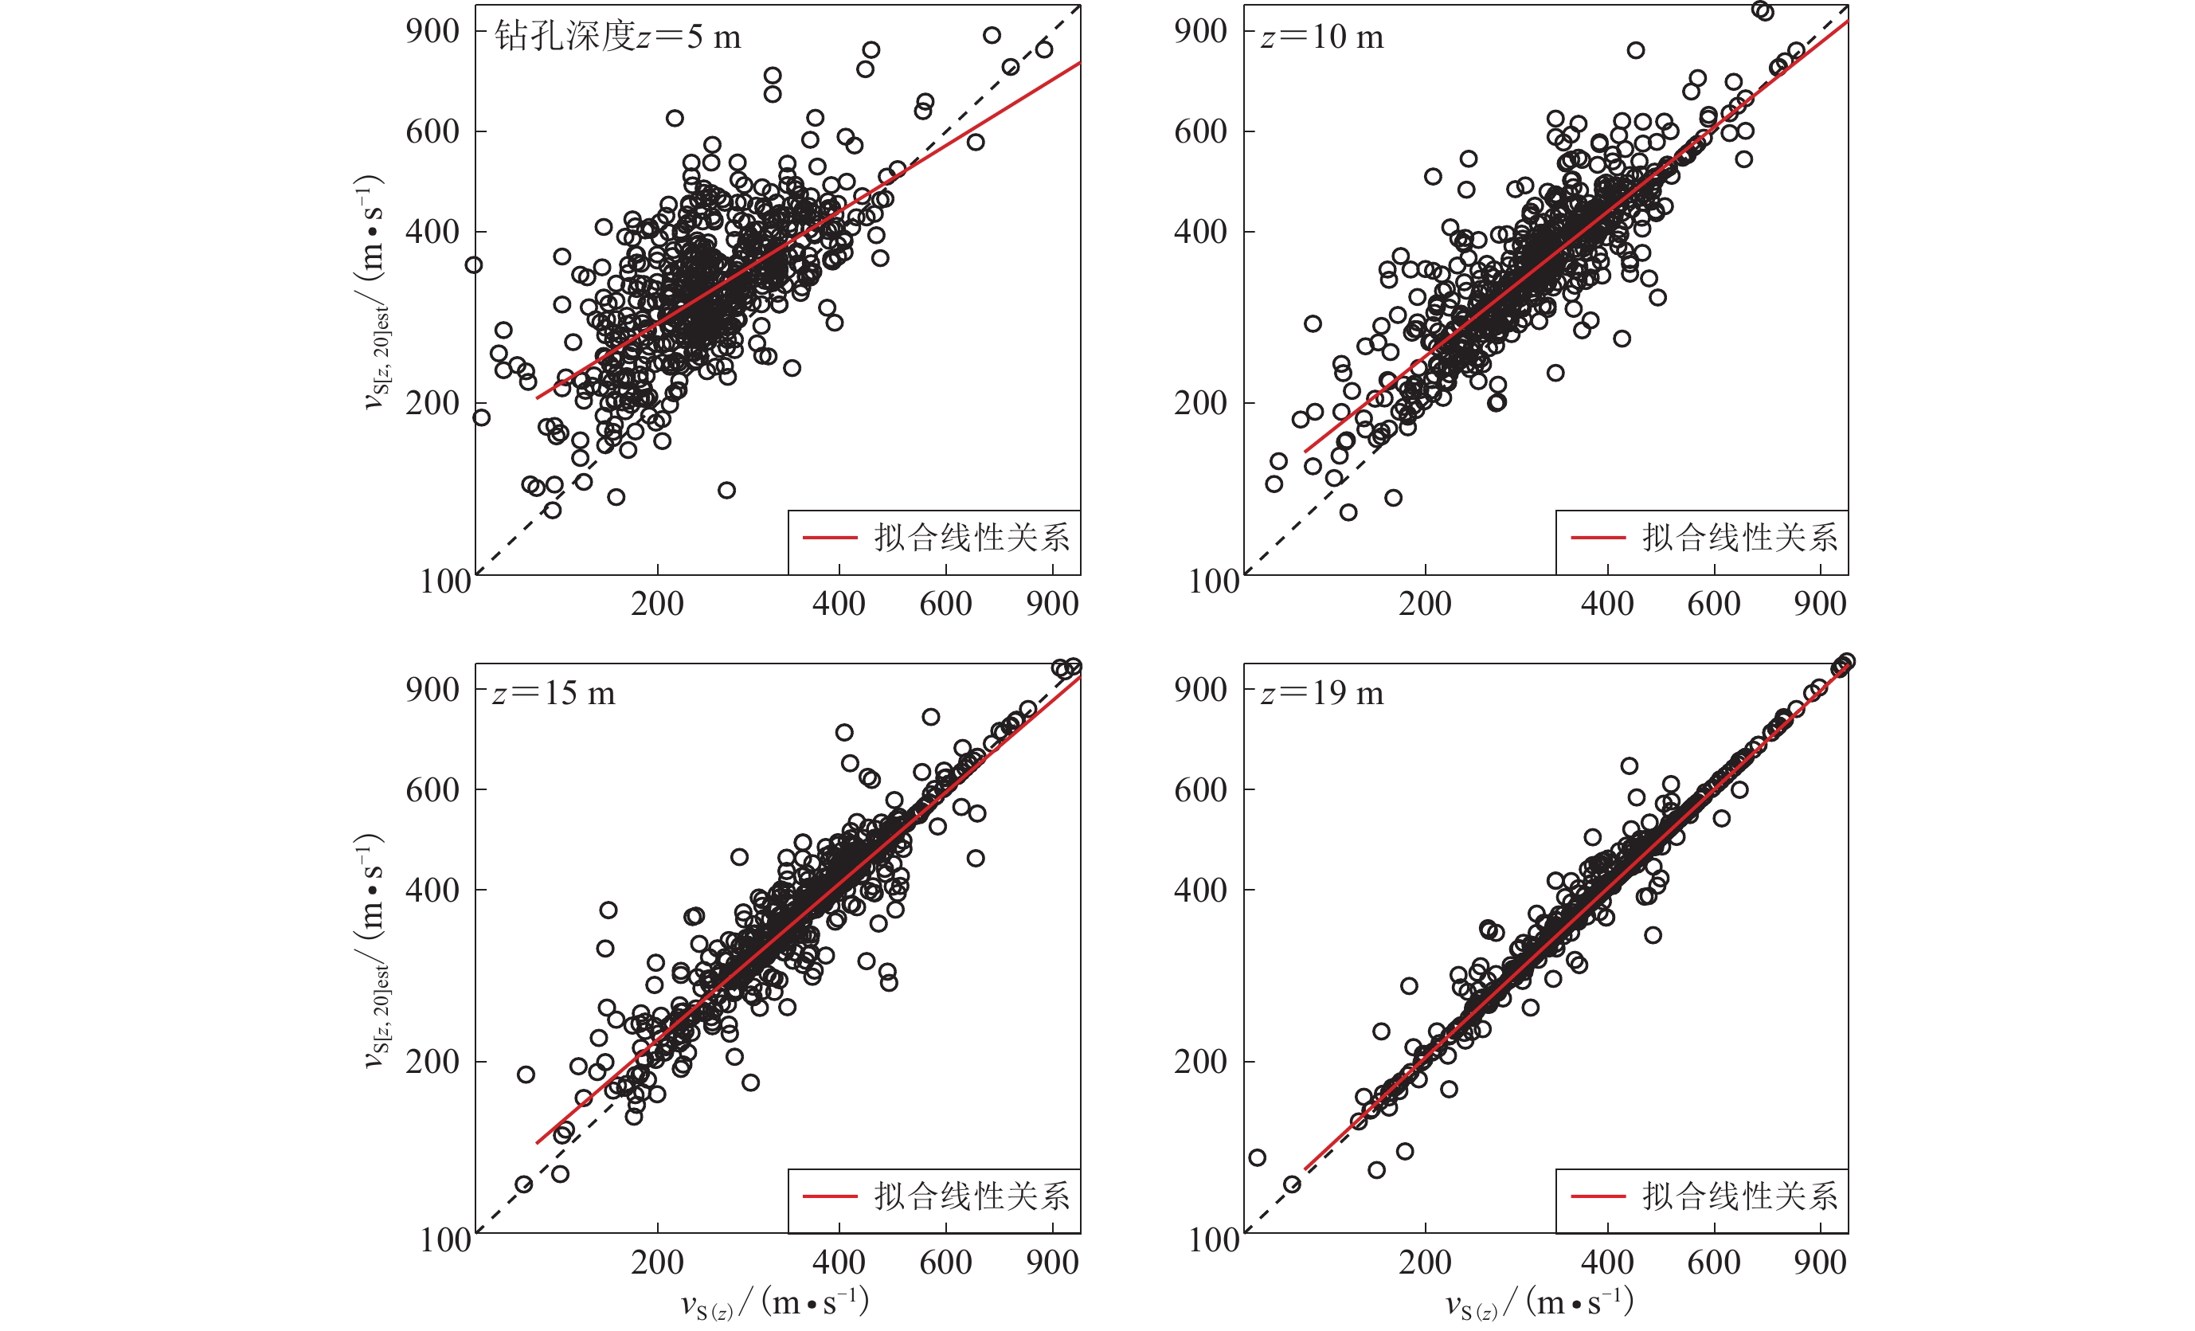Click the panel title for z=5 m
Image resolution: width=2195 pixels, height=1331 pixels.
click(617, 37)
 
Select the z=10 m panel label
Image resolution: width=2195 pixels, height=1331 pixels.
click(1321, 37)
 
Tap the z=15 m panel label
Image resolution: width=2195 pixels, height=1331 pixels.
click(554, 693)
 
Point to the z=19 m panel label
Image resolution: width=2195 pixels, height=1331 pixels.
click(1321, 693)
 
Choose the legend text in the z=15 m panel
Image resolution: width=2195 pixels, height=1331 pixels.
click(971, 1196)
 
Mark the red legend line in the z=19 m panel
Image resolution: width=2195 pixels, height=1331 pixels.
click(1598, 1196)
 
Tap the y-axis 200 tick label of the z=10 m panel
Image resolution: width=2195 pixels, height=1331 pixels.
click(1200, 404)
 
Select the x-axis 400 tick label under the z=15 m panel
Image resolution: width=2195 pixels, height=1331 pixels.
click(839, 1262)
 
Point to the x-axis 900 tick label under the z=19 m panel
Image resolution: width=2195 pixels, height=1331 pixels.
click(1820, 1262)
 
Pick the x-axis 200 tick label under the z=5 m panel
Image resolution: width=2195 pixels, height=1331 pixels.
click(657, 604)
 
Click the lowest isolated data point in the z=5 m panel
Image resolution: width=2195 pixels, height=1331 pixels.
click(552, 511)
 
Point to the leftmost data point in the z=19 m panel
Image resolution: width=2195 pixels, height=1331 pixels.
click(1257, 1157)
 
